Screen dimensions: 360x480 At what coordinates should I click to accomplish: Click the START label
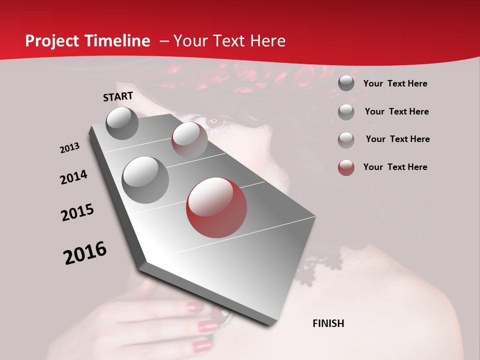118,96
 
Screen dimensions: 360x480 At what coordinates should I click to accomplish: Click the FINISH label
328,323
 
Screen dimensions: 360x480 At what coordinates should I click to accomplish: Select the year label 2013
69,148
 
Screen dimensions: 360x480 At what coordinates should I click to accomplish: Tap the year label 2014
73,177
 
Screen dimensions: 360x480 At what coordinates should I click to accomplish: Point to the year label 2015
77,212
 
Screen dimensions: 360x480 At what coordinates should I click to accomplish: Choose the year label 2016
85,252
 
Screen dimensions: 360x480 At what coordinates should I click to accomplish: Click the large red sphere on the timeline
216,207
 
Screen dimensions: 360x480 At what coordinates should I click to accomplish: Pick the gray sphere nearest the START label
122,123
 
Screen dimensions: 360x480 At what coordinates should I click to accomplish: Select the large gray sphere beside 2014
145,179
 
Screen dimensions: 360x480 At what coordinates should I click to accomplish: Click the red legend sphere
346,167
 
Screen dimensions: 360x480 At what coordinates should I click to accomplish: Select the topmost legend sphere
346,83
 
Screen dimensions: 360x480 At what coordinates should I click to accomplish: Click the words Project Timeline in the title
87,41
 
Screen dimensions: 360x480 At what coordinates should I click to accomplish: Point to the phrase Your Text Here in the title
229,41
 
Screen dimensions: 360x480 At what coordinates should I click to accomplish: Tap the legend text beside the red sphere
395,167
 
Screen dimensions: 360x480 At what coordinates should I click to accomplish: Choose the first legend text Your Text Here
395,83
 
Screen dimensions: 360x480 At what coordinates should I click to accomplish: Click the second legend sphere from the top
346,112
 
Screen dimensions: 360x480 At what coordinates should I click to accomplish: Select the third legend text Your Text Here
397,139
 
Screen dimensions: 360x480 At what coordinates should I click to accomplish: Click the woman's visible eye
213,120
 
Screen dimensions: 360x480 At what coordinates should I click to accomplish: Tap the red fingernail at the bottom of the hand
202,345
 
